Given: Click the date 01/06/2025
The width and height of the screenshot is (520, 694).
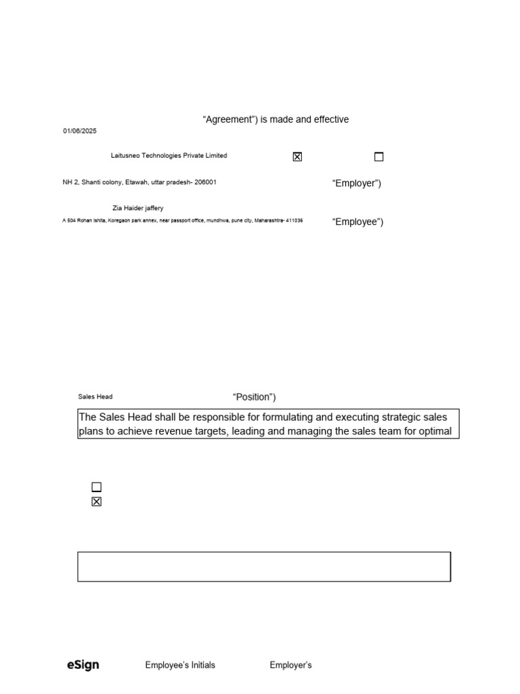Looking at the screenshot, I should (80, 131).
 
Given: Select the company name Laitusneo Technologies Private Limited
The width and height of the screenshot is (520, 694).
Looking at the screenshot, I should (169, 156).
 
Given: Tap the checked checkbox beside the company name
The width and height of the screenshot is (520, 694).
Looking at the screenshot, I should (297, 157).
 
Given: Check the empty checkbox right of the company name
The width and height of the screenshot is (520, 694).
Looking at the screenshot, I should (378, 157).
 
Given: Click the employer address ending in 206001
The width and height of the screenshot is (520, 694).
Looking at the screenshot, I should (139, 182).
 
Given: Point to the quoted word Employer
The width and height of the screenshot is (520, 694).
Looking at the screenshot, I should (356, 184).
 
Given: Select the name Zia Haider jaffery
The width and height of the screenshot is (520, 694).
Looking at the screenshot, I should (137, 208).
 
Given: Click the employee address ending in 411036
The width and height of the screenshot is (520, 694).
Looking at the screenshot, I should (182, 221).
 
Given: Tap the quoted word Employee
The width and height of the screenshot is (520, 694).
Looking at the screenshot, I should (357, 222).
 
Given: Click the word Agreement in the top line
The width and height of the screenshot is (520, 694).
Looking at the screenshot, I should (229, 120).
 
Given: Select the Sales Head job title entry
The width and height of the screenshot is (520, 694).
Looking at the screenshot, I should (95, 396).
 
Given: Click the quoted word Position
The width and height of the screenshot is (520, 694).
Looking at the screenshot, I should (254, 397).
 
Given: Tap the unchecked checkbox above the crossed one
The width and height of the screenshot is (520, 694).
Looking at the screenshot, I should (96, 487).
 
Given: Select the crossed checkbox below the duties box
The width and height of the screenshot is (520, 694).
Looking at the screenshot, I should (96, 502).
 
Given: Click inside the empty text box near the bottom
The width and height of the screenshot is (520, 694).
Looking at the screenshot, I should (264, 567).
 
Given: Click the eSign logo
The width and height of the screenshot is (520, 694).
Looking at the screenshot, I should (83, 665).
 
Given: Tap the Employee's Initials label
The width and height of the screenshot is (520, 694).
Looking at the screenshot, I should (180, 666).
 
